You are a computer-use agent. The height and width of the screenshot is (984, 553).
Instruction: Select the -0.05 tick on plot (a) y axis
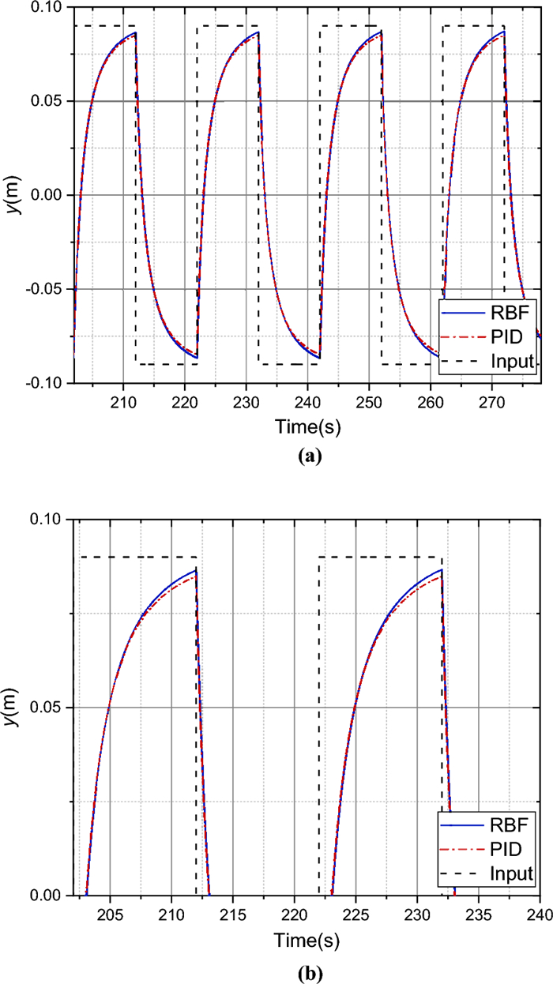(50, 289)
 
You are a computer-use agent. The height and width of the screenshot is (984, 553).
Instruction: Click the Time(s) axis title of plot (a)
(307, 426)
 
